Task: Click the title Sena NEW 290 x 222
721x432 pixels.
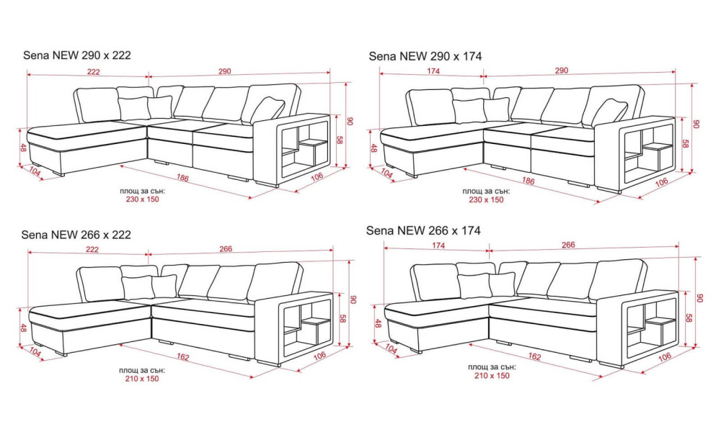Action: click(x=77, y=55)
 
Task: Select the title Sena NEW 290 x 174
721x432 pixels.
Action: click(x=425, y=56)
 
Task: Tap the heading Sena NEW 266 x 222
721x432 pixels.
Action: click(x=76, y=235)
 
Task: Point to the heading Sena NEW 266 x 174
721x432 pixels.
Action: click(x=423, y=230)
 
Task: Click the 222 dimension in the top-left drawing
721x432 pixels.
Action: click(x=94, y=71)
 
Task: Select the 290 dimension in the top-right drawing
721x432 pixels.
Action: click(x=562, y=71)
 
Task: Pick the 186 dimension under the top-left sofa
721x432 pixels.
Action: click(x=182, y=178)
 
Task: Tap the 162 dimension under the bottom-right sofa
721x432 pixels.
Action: click(x=534, y=356)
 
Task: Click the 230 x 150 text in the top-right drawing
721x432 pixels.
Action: click(x=486, y=199)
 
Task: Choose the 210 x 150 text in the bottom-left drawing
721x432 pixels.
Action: click(x=141, y=379)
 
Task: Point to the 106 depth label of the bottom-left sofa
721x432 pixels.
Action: click(x=319, y=356)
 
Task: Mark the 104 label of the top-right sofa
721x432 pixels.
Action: click(x=386, y=174)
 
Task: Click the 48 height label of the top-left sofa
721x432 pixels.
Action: click(x=23, y=148)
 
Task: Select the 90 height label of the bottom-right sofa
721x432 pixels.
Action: click(x=700, y=298)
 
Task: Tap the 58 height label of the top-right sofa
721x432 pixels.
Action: click(x=684, y=144)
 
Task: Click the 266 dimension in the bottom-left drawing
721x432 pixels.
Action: click(x=226, y=249)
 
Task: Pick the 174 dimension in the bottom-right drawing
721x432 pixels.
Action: click(x=438, y=246)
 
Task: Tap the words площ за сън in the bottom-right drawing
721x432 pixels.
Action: click(x=492, y=367)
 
